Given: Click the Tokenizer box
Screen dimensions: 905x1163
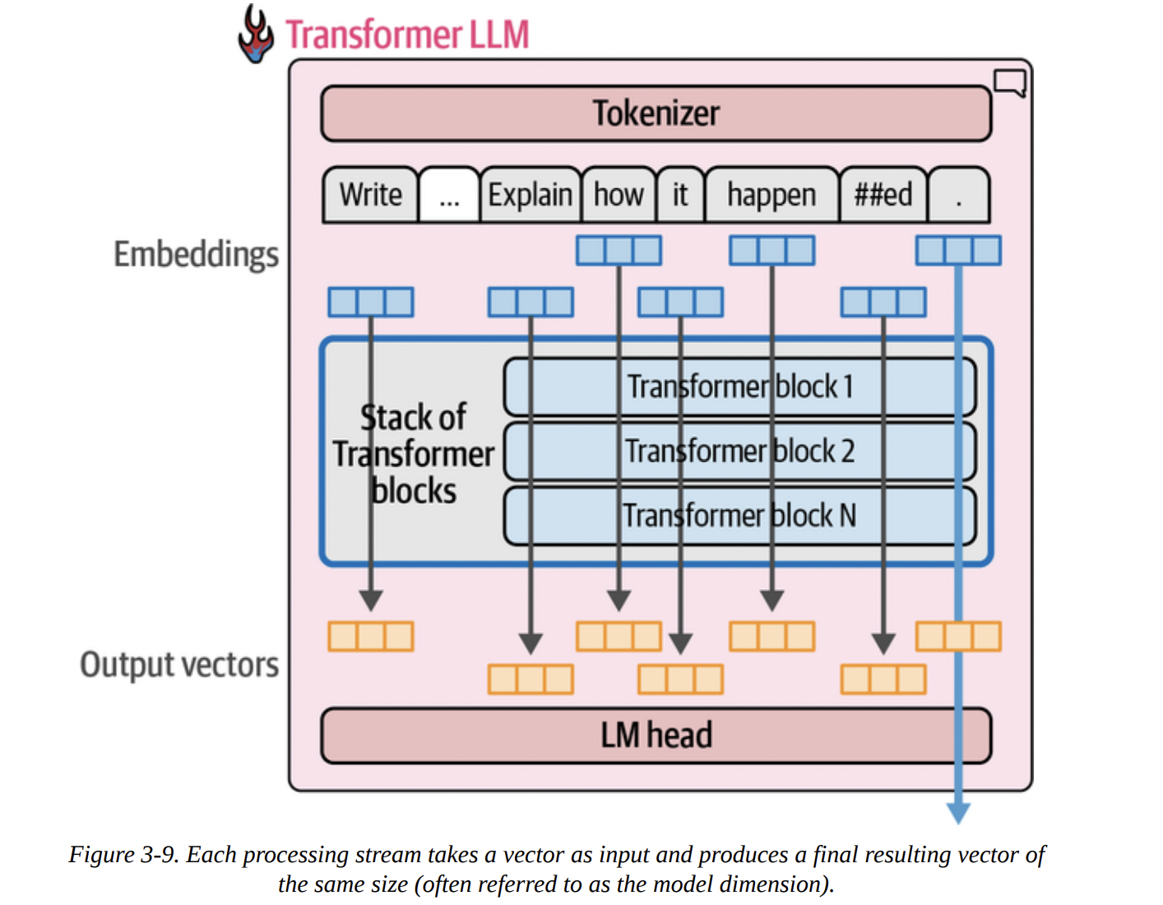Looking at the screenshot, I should pyautogui.click(x=656, y=114).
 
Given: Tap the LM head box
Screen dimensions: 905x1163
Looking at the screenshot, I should pyautogui.click(x=656, y=736).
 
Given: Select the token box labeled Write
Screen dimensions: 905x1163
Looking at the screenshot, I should pyautogui.click(x=370, y=195).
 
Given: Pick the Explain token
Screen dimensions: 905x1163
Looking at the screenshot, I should pyautogui.click(x=530, y=195).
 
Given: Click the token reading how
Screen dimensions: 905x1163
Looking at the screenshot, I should pyautogui.click(x=619, y=195).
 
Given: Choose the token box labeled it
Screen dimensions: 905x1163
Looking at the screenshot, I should pyautogui.click(x=680, y=195).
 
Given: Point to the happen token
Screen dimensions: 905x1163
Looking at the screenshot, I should pyautogui.click(x=771, y=195).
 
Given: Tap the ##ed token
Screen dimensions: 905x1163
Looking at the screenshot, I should pyautogui.click(x=883, y=195).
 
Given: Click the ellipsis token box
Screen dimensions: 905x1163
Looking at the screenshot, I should pyautogui.click(x=449, y=195).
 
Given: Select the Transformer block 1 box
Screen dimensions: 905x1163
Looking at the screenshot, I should pyautogui.click(x=739, y=386).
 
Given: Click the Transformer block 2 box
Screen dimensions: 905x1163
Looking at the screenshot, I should pyautogui.click(x=739, y=451).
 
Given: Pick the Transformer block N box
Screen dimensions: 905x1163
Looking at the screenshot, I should pyautogui.click(x=739, y=516).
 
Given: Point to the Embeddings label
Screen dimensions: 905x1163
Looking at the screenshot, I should pyautogui.click(x=196, y=254).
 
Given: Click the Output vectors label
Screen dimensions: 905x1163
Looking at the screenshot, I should pyautogui.click(x=179, y=665).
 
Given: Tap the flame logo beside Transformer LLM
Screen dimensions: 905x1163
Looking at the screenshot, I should pyautogui.click(x=256, y=35).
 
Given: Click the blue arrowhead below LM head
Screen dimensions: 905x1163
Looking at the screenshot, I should pyautogui.click(x=958, y=813).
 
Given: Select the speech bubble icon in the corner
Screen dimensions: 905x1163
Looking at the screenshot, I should pyautogui.click(x=1010, y=82).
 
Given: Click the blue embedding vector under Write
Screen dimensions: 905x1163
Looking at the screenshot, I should pyautogui.click(x=371, y=302).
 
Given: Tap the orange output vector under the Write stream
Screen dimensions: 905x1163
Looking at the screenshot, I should pyautogui.click(x=371, y=636).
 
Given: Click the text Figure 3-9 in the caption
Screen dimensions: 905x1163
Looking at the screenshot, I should pyautogui.click(x=123, y=855).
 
